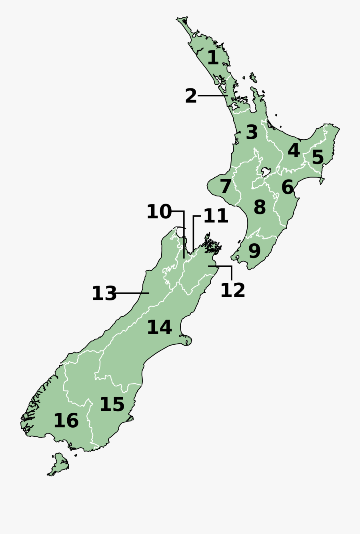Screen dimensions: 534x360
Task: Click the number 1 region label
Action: (x=213, y=58)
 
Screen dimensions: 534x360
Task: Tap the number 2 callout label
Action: (x=191, y=96)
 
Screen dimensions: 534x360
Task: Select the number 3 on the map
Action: (x=252, y=132)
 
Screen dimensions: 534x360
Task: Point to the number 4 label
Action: (x=294, y=151)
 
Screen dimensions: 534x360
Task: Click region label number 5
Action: (x=318, y=157)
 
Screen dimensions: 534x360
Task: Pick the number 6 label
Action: (x=287, y=187)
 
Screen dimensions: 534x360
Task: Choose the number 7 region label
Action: (x=226, y=187)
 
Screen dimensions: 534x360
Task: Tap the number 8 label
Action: (x=260, y=208)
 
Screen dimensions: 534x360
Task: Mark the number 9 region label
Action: (x=254, y=251)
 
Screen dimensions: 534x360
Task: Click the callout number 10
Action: (x=159, y=212)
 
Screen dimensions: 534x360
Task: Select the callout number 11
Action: (x=216, y=216)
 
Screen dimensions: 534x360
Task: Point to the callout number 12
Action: (x=232, y=290)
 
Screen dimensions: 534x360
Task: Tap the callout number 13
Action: (x=104, y=294)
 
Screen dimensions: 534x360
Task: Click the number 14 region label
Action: (x=159, y=328)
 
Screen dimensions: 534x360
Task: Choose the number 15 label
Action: (x=112, y=405)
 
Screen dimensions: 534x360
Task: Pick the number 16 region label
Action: (x=66, y=421)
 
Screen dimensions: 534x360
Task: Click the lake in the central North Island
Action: (x=266, y=172)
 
